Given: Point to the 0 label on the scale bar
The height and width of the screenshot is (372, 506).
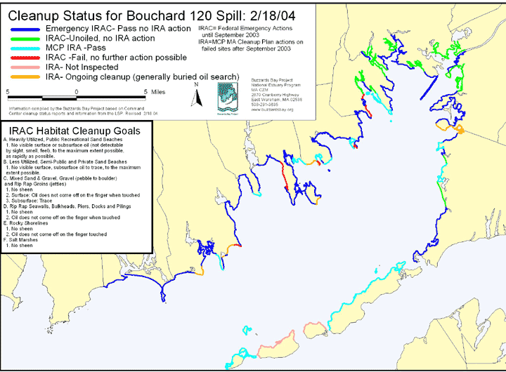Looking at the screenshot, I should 77,91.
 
